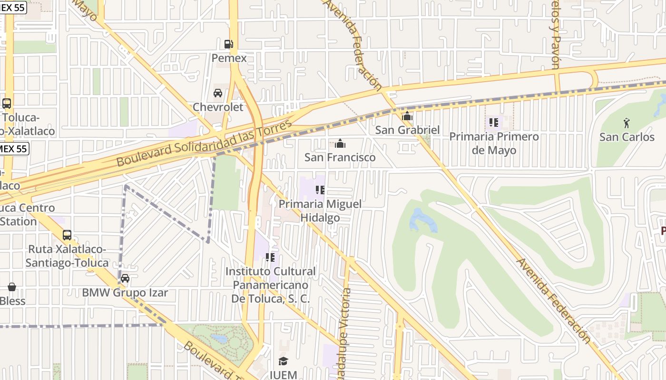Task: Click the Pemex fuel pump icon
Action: [229, 44]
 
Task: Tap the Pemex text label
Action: [229, 58]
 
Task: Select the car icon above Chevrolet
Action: [218, 93]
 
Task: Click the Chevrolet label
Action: [218, 107]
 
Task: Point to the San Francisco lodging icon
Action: [340, 143]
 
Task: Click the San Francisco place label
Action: [340, 157]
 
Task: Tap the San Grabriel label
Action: [407, 130]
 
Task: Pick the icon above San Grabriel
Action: [407, 116]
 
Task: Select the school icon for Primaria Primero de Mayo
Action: [494, 123]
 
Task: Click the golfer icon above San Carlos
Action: [627, 123]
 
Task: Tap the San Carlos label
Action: [627, 137]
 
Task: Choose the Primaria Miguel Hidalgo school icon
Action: [320, 190]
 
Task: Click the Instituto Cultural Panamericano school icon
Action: [270, 257]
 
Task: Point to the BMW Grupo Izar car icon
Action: [125, 278]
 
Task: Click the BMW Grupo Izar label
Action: [125, 292]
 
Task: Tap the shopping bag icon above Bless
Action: [12, 287]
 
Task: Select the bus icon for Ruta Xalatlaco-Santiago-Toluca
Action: [67, 235]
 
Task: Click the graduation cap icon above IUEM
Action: [283, 361]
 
